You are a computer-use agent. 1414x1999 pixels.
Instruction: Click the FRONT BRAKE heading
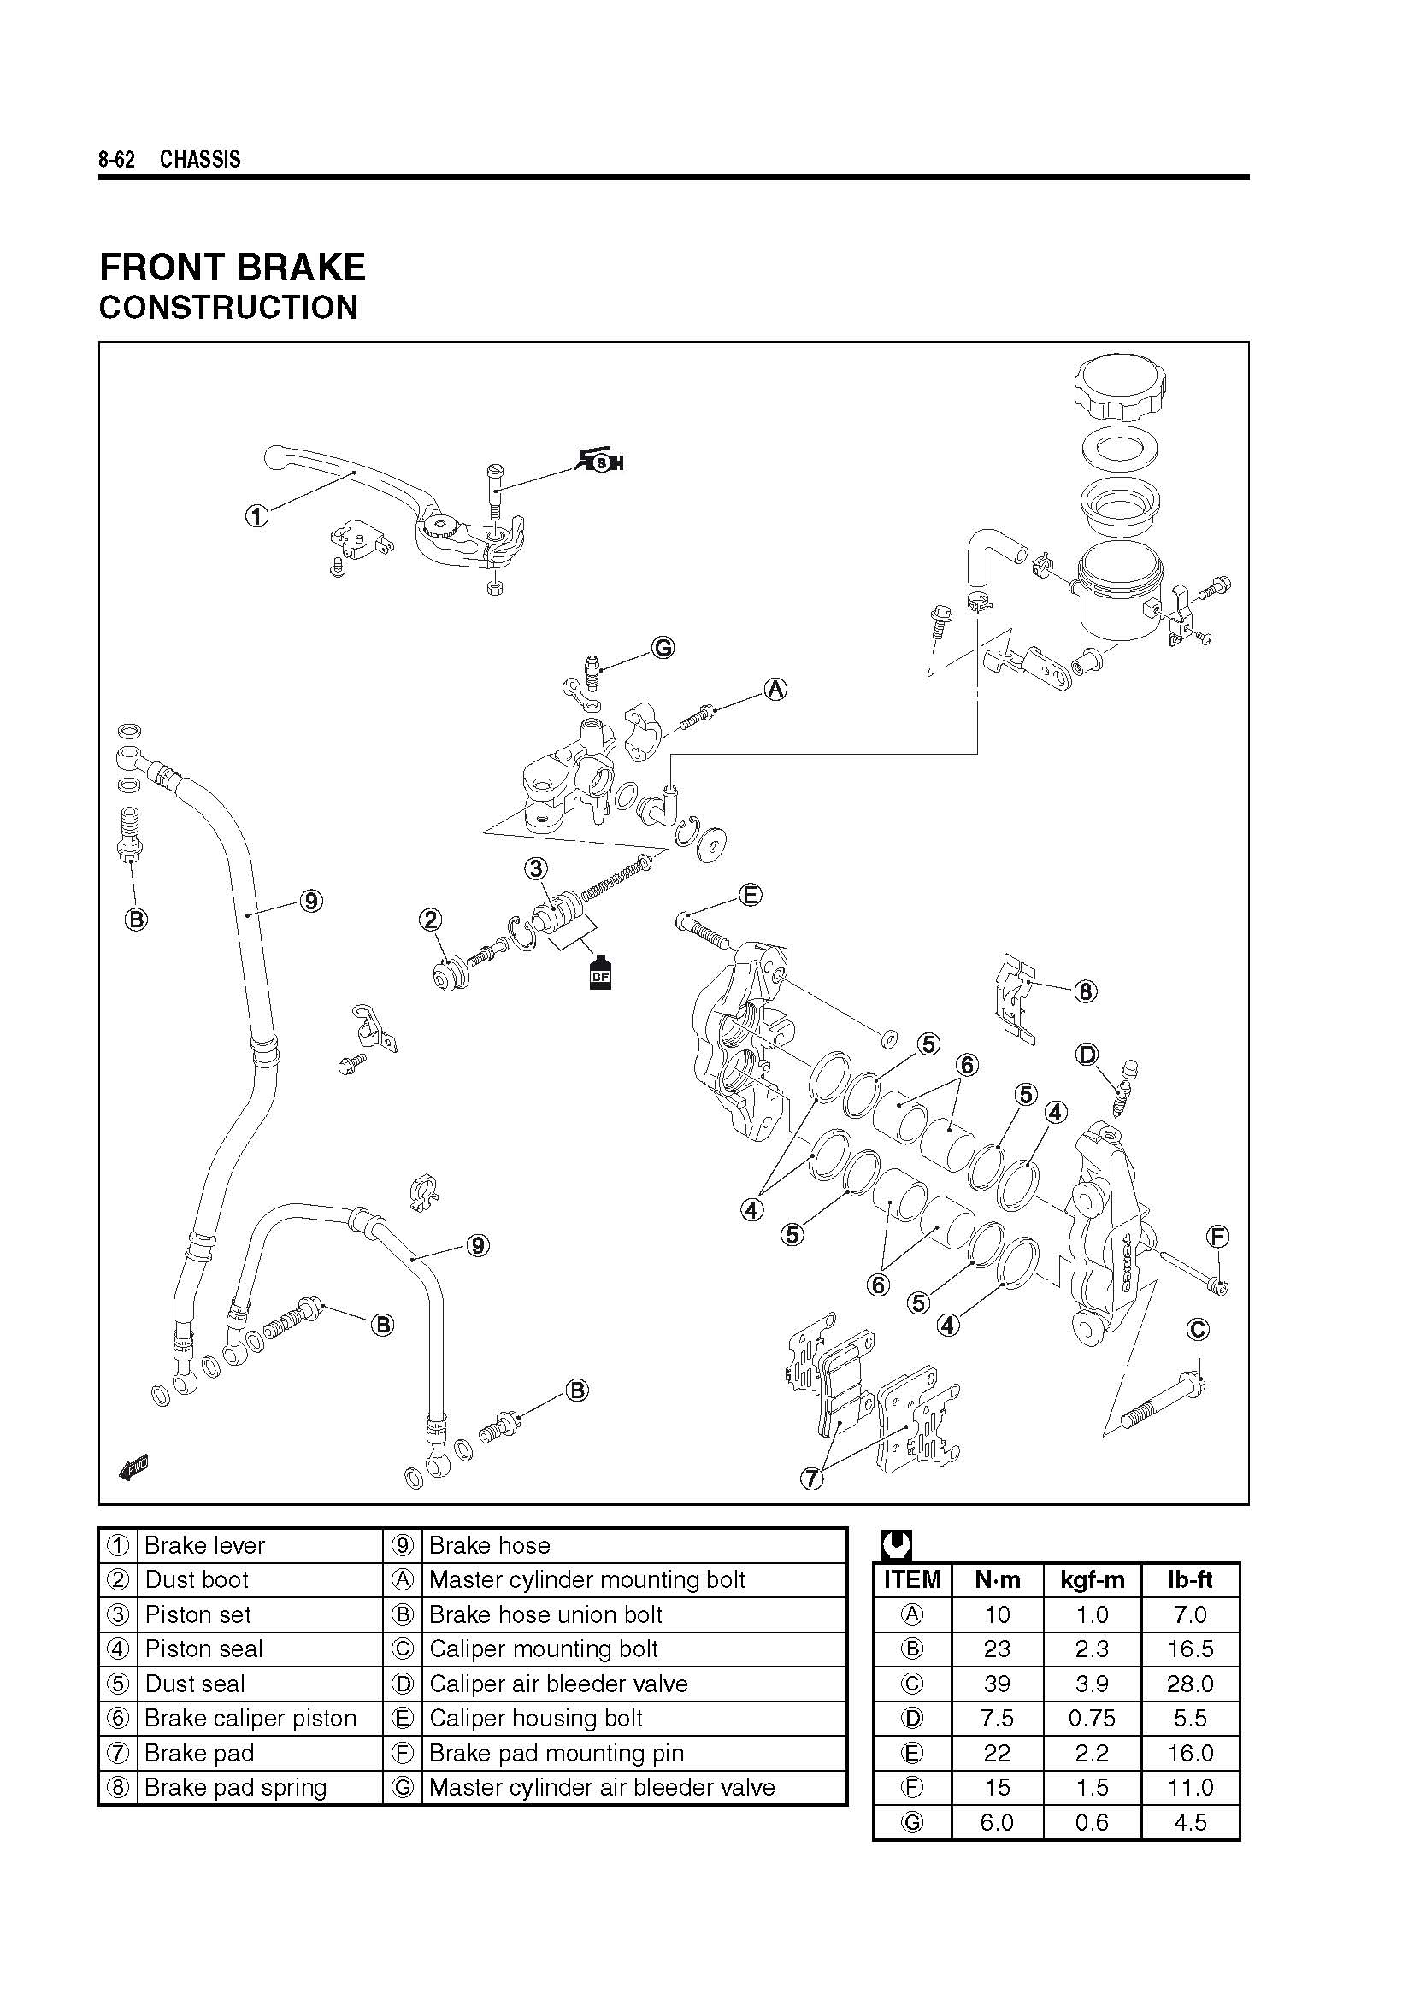click(233, 268)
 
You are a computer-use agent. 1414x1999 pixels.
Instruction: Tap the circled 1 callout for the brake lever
click(256, 516)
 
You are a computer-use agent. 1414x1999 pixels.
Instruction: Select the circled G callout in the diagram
click(663, 648)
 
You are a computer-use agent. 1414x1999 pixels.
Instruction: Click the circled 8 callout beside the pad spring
click(1085, 991)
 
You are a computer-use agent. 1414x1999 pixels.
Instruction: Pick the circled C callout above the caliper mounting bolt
click(1198, 1330)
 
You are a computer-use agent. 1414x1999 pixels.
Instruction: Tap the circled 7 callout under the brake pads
click(811, 1479)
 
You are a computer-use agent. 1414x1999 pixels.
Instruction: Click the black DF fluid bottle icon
click(600, 973)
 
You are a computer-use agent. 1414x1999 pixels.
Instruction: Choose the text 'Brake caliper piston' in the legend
click(250, 1718)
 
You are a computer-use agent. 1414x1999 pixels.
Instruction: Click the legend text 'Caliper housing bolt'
click(535, 1718)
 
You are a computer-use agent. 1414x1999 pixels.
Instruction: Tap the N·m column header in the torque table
click(997, 1579)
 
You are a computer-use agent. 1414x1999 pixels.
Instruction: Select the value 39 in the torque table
click(997, 1684)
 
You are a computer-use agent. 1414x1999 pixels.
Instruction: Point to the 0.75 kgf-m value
click(1091, 1718)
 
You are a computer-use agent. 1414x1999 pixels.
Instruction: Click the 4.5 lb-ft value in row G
click(1189, 1822)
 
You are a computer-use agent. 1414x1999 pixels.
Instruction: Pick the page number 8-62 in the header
click(116, 159)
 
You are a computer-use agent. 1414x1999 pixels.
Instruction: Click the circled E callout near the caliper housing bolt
click(750, 894)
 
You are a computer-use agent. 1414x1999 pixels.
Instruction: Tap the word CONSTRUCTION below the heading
click(228, 308)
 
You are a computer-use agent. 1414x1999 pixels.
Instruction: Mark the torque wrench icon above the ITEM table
click(896, 1544)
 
